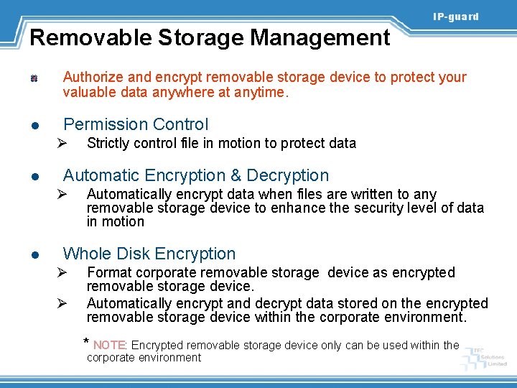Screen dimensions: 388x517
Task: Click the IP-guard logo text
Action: tap(455, 17)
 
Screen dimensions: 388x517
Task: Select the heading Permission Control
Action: tap(136, 124)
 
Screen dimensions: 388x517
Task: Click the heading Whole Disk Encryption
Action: tap(149, 254)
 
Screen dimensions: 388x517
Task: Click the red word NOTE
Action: tap(109, 345)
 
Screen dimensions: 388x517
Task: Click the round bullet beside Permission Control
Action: tap(34, 126)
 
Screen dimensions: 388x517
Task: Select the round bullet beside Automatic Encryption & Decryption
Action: tap(34, 177)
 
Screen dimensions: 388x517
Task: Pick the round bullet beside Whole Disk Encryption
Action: tap(34, 255)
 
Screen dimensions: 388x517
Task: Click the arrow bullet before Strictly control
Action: tap(62, 143)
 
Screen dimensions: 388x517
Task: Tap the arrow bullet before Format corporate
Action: tap(62, 273)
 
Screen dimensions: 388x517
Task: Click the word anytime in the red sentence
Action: tap(261, 92)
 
